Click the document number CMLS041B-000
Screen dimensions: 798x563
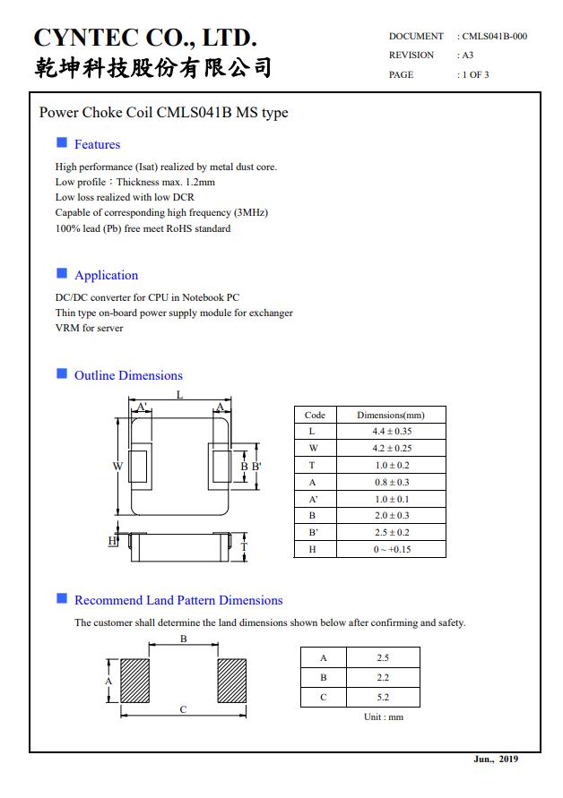point(494,37)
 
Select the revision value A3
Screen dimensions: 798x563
point(467,56)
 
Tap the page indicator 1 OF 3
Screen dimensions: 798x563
point(475,75)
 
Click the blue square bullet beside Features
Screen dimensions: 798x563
point(62,143)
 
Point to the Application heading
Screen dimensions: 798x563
point(106,275)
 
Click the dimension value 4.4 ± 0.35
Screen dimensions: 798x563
point(392,432)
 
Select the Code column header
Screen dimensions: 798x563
point(315,416)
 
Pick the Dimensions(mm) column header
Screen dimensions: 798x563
point(391,416)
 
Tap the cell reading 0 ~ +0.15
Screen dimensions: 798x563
point(392,549)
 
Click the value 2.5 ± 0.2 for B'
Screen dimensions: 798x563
point(392,532)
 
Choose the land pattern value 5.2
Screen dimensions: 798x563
point(383,697)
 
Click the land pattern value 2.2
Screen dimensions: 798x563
point(383,677)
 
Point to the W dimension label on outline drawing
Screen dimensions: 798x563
point(117,466)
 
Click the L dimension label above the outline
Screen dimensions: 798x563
point(179,394)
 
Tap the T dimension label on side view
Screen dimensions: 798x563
point(244,547)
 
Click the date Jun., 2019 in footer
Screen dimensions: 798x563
point(496,759)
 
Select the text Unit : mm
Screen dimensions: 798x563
point(384,717)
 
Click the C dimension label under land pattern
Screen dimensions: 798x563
point(183,709)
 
